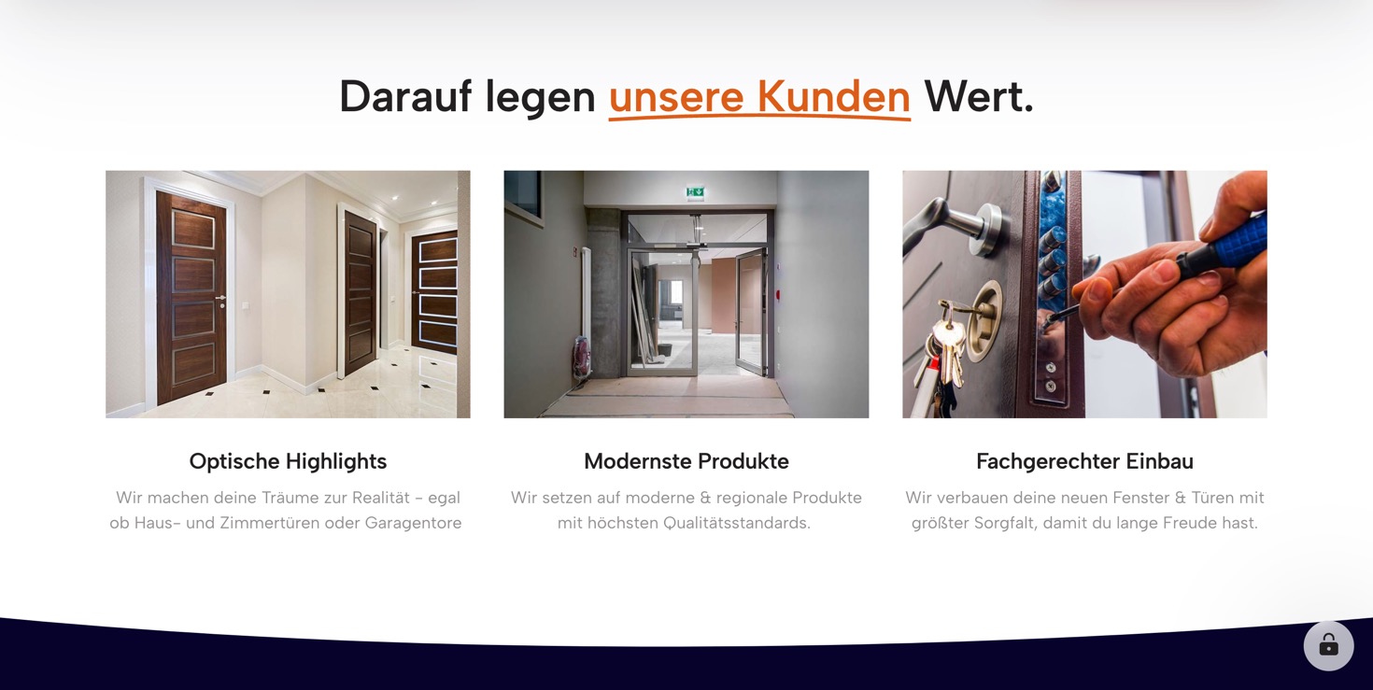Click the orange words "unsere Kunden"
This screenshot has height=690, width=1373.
click(x=759, y=97)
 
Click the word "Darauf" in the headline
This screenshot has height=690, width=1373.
click(x=405, y=97)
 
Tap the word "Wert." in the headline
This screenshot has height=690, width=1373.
click(x=979, y=97)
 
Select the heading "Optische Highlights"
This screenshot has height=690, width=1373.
click(x=288, y=461)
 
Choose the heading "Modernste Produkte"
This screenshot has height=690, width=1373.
click(x=686, y=461)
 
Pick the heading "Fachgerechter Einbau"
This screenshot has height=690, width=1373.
click(x=1085, y=461)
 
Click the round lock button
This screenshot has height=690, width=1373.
click(x=1329, y=646)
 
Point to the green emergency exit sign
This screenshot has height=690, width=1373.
click(x=695, y=192)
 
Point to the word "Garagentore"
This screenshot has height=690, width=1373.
click(x=413, y=523)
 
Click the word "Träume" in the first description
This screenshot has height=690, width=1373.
click(x=290, y=498)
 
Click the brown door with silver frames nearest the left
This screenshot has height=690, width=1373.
click(x=191, y=297)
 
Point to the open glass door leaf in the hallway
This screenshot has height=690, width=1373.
click(x=751, y=311)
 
